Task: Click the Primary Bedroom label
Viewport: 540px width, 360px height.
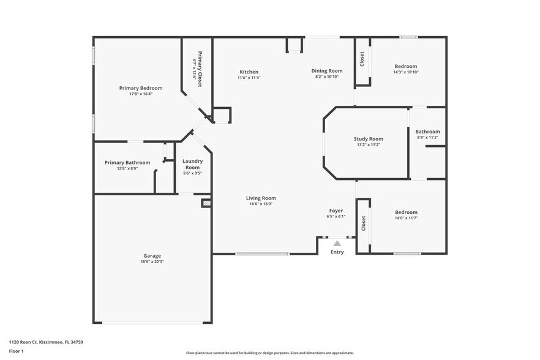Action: coord(140,88)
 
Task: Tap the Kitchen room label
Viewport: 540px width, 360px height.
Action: coord(249,72)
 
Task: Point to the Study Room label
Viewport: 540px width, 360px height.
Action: coord(368,139)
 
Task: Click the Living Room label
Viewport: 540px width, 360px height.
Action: coord(261,198)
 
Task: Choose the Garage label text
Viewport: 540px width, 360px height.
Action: coord(152,255)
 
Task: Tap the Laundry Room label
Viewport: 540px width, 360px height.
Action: coord(192,164)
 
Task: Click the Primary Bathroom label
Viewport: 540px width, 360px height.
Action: coord(127,162)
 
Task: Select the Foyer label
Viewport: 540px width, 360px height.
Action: coord(336,211)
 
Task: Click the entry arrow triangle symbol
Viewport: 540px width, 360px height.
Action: coord(337,244)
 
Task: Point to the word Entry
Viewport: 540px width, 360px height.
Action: coord(337,252)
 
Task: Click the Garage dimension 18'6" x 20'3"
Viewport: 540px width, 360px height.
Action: coord(152,261)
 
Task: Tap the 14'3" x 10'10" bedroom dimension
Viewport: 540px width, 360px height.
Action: coord(405,72)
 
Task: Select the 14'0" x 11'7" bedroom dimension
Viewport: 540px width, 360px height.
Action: coord(405,218)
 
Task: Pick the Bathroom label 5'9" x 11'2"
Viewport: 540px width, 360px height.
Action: coord(427,138)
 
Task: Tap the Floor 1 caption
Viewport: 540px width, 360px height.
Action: coord(17,351)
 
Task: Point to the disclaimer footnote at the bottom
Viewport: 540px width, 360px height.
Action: coord(269,353)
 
